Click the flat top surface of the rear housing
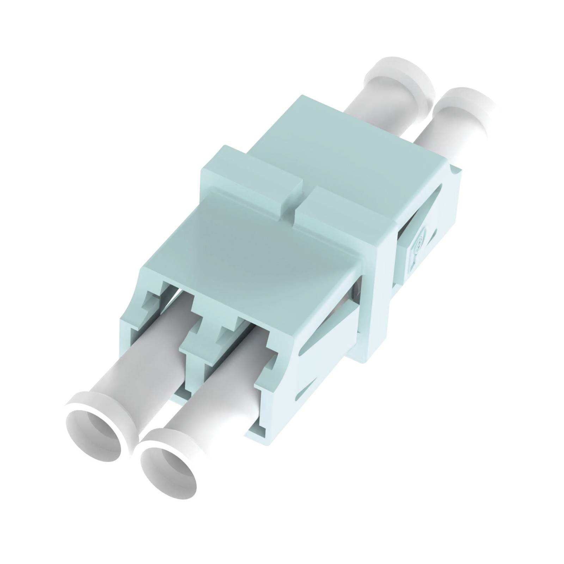pos(345,141)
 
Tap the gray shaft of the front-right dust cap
pos(211,405)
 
